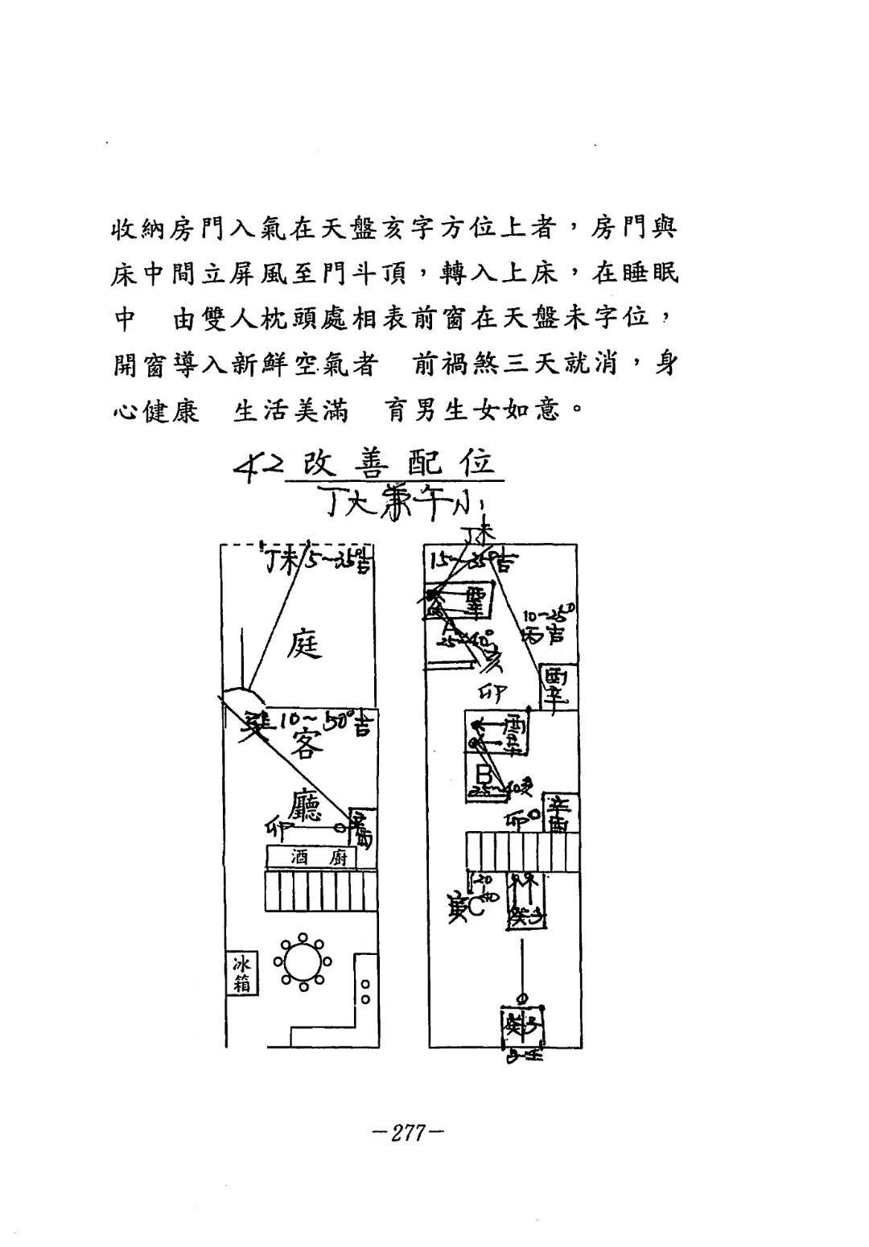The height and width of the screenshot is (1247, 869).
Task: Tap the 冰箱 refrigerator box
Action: (241, 973)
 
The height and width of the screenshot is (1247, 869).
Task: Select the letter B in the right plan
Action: (484, 775)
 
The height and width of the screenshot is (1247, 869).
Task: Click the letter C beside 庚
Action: (476, 907)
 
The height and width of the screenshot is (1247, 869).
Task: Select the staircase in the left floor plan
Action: (321, 891)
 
